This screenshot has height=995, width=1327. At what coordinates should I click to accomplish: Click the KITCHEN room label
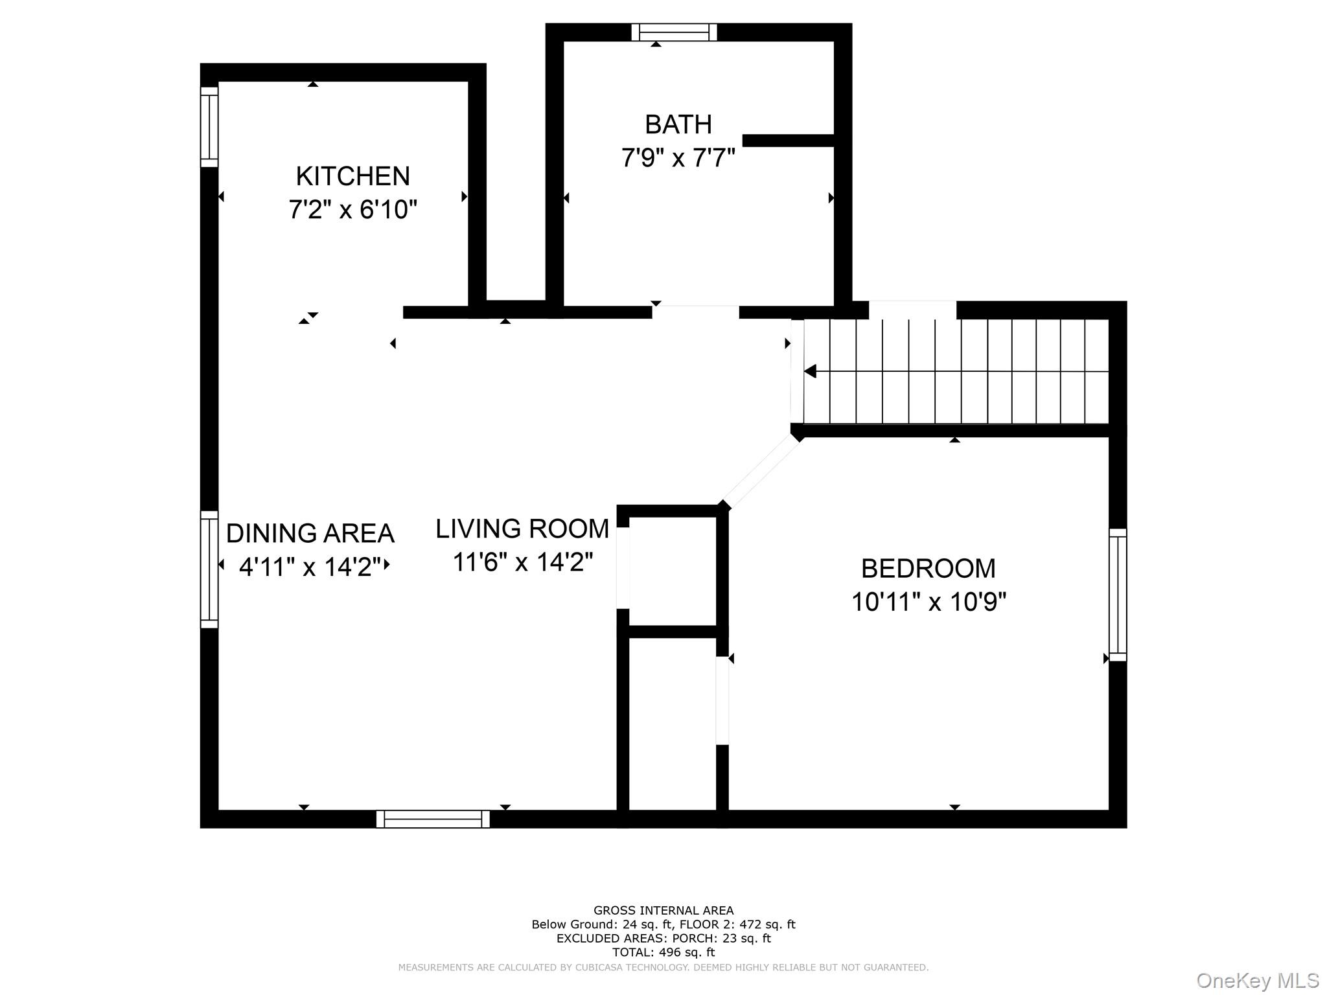tap(353, 176)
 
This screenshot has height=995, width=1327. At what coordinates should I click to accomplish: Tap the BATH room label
tap(678, 124)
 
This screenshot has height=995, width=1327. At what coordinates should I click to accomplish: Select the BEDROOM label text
tap(928, 568)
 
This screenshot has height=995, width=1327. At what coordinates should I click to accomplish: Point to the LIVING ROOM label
tap(522, 529)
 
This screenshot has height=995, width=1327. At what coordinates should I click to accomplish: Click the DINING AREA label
tap(310, 533)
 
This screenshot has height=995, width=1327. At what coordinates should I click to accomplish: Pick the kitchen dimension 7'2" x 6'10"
tap(353, 210)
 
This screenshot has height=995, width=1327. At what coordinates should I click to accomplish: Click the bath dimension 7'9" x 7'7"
tap(678, 157)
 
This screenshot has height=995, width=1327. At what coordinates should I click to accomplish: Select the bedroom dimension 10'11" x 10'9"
tap(929, 602)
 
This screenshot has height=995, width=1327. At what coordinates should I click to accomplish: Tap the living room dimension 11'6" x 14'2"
tap(523, 562)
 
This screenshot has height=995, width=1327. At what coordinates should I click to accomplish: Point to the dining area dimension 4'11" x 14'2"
tap(310, 567)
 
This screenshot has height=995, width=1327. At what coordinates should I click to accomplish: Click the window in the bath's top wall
tap(675, 32)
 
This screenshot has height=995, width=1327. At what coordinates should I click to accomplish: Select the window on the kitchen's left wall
tap(209, 127)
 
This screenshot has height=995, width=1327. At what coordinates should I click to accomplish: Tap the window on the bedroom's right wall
tap(1118, 595)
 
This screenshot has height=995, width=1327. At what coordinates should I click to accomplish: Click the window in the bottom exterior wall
tap(433, 819)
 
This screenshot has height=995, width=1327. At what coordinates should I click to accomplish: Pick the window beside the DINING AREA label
tap(209, 569)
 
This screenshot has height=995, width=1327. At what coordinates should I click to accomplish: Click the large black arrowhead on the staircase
tap(810, 372)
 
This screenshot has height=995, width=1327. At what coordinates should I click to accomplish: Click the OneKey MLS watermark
tap(1258, 981)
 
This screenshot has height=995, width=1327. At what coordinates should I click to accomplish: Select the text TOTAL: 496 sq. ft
tap(663, 952)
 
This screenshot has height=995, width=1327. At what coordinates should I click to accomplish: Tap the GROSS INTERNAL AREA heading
tap(663, 911)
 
